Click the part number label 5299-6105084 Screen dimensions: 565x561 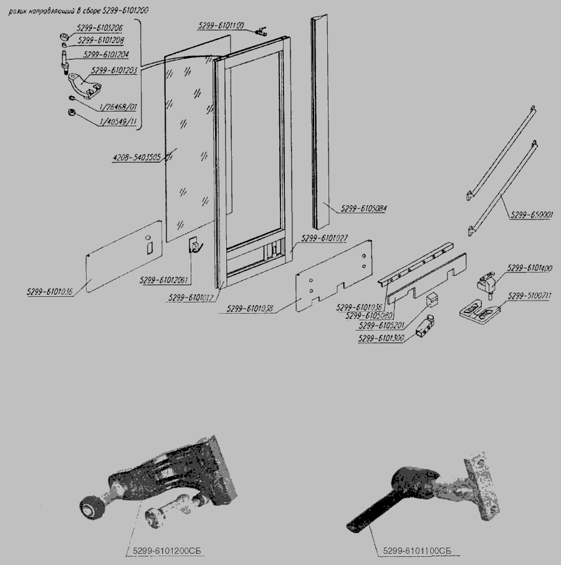365,208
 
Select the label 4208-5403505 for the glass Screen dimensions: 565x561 137,157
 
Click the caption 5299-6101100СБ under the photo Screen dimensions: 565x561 416,551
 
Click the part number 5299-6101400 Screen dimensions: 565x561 529,268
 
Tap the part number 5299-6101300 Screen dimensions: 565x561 381,339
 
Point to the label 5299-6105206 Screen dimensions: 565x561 99,29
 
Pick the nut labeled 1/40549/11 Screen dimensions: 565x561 71,113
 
